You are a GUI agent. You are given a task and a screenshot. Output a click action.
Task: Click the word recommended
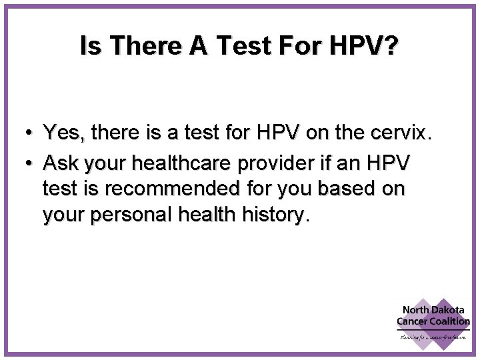pyautogui.click(x=167, y=189)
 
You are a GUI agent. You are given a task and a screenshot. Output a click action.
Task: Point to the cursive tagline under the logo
pyautogui.click(x=434, y=337)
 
